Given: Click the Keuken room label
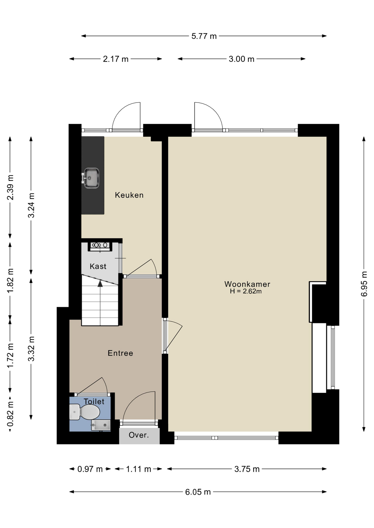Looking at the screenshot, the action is point(129,195).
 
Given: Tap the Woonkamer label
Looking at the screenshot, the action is point(247,284).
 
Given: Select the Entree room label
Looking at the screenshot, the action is point(120,353).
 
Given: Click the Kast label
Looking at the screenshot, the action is point(98,266).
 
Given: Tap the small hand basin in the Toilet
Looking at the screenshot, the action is point(101,425).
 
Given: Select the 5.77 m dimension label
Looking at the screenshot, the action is point(204,36).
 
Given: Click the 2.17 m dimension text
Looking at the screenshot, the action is point(116,59).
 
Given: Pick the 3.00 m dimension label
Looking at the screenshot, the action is point(242,59).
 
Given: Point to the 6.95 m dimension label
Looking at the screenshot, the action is point(364,284).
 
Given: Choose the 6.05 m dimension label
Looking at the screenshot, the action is point(198,492).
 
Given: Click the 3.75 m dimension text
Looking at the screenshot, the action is point(247,469).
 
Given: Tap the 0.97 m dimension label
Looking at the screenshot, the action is point(90,469).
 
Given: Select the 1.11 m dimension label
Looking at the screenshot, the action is point(139,469).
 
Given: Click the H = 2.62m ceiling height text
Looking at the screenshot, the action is point(246,291).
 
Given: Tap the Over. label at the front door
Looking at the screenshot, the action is point(139,435).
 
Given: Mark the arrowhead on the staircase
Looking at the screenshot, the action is point(100,284).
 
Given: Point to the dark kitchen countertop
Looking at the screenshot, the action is point(93,175).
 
